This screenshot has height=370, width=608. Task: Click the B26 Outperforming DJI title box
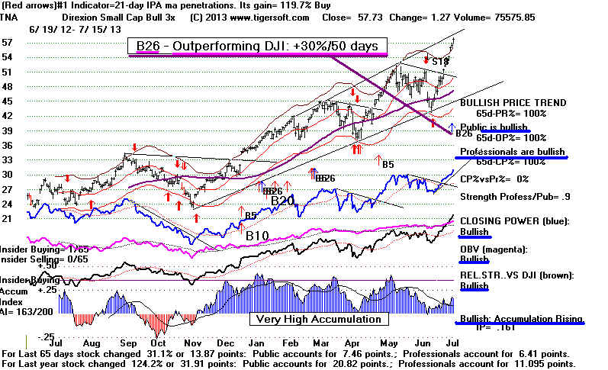pos(259,47)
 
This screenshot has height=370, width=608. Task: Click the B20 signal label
pos(282,200)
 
